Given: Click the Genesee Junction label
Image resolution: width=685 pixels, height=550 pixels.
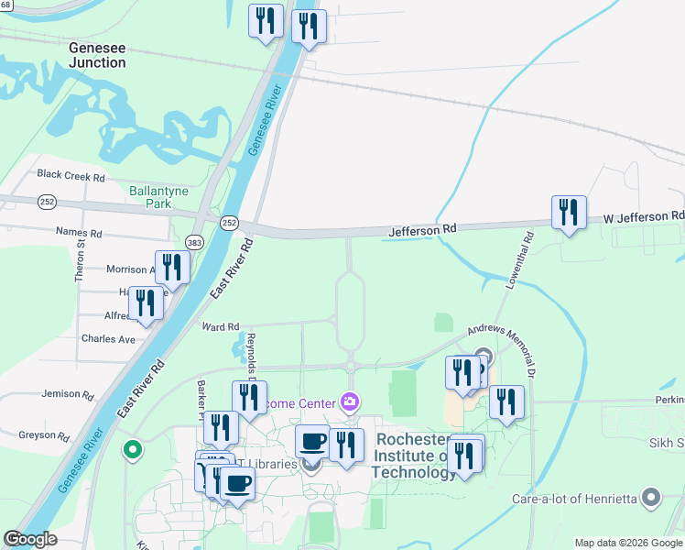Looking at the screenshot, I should click(x=97, y=54).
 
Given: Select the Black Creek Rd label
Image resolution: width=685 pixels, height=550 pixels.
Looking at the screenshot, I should click(x=71, y=175).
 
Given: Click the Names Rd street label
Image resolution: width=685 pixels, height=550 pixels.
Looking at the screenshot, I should click(x=76, y=233).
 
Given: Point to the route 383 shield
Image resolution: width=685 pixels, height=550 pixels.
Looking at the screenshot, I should click(x=194, y=242).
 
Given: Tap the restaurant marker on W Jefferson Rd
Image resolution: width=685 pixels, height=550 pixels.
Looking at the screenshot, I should click(x=569, y=214).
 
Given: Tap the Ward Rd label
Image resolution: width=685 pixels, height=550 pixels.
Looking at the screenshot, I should click(x=220, y=326).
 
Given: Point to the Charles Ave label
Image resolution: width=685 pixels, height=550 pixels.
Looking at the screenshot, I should click(x=108, y=338).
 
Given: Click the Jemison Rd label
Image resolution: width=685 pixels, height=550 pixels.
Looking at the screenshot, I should click(x=68, y=394).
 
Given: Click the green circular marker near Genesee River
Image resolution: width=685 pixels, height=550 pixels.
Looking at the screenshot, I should click(x=133, y=450).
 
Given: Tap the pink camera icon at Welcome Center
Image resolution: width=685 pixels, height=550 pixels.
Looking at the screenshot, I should click(x=349, y=401).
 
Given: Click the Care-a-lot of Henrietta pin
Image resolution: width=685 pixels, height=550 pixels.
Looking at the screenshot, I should click(x=651, y=498).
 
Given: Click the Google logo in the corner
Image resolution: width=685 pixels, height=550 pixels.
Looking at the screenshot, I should click(x=30, y=538).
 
